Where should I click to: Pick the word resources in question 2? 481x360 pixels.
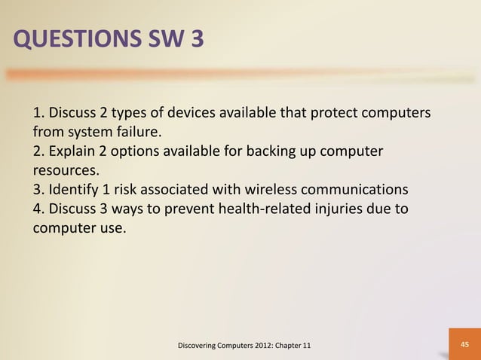tap(66, 171)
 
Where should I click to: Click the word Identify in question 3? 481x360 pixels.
tap(74, 189)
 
